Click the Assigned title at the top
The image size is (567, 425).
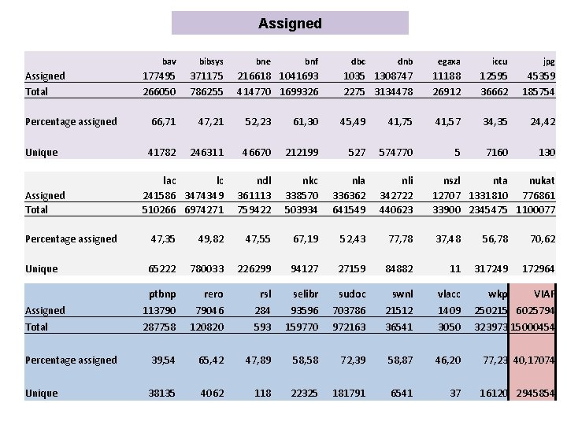pos(290,24)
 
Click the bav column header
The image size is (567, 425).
pos(169,61)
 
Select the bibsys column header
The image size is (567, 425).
pos(211,61)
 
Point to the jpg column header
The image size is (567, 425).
pos(549,61)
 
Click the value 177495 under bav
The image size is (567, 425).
pos(159,76)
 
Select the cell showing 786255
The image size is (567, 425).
pos(206,91)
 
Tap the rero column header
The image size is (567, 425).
pos(213,294)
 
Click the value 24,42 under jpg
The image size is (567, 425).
pos(542,121)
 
